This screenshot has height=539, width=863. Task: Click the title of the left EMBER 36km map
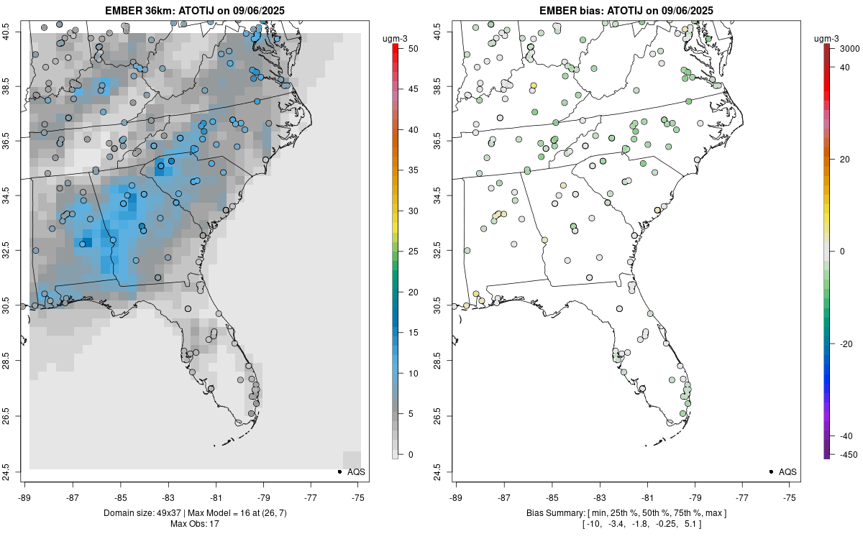(194, 10)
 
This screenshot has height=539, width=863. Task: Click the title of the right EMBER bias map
(626, 10)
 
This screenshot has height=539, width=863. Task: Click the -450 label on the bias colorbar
(846, 454)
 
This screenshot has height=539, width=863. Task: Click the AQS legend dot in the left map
(339, 471)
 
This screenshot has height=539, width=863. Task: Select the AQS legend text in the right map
(787, 472)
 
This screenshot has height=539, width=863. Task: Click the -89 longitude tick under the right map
(457, 497)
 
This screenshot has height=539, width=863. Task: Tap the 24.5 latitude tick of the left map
(14, 471)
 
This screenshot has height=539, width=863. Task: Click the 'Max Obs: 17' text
(194, 524)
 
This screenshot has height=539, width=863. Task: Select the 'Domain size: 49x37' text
(138, 513)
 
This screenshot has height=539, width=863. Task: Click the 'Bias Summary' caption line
(626, 513)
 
